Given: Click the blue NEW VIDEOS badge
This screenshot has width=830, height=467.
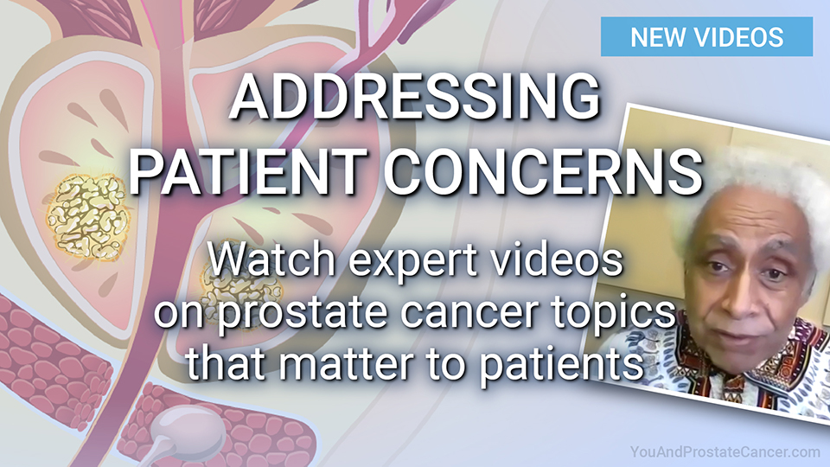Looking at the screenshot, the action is (x=706, y=36).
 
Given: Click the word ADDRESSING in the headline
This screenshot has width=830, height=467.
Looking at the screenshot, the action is (x=416, y=97).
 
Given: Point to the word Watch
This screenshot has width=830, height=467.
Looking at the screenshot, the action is (x=272, y=259).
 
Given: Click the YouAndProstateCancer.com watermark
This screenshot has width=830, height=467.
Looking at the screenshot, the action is (x=725, y=452).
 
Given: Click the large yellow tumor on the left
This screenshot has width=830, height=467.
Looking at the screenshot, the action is (x=87, y=216).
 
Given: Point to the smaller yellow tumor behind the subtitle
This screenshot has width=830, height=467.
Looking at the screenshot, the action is (x=241, y=289).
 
